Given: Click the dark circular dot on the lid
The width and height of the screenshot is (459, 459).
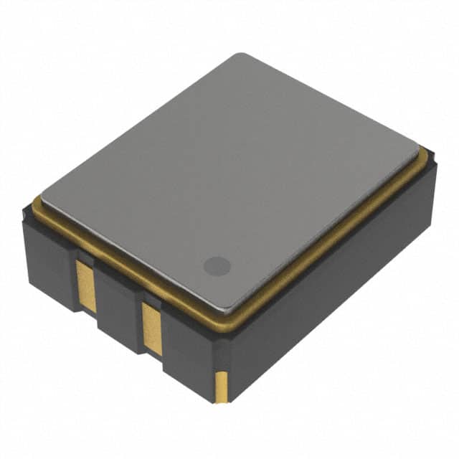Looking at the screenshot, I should coord(217,266).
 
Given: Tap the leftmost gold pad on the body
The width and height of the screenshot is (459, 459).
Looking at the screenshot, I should coord(86,285).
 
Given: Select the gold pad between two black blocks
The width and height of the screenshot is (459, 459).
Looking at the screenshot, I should coord(152,328).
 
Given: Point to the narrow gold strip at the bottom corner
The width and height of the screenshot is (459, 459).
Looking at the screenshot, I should coord(222,385).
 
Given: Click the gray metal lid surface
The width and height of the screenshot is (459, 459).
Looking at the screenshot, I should coord(229,179).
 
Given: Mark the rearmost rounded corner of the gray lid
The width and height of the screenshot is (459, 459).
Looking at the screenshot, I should coord(240,56).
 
